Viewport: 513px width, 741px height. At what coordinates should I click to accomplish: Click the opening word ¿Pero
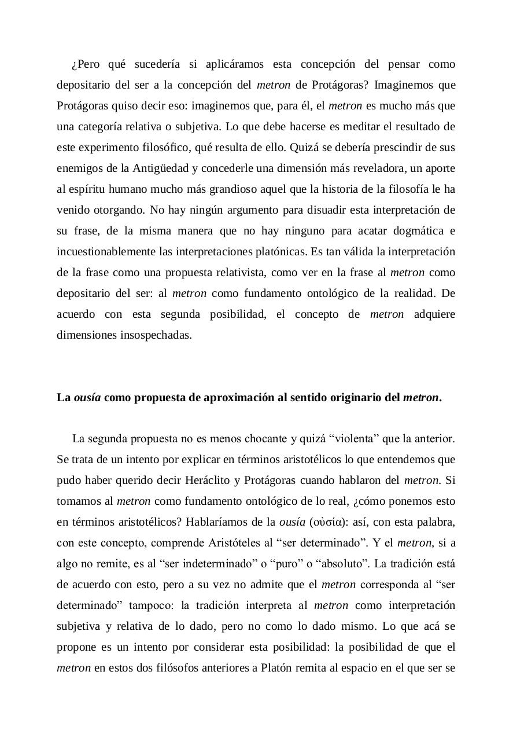point(86,64)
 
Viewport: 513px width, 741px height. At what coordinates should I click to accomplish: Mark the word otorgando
point(112,210)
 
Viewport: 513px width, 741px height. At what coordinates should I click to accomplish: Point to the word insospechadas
point(124,335)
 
